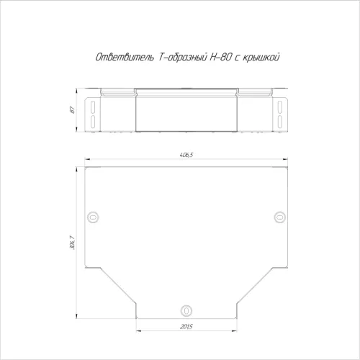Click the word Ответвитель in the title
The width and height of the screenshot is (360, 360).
point(125,57)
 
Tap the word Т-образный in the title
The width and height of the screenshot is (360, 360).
point(183,58)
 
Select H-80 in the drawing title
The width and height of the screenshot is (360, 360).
point(221,57)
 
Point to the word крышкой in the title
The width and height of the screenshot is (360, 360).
point(261,58)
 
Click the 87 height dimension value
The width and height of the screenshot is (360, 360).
point(73,110)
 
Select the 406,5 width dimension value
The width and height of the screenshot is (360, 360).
point(186,155)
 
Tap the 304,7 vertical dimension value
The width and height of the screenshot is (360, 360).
point(72,243)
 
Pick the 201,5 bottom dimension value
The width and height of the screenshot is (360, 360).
point(186,327)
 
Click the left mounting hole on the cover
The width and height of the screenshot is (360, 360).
point(93,217)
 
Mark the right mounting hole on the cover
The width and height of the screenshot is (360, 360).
point(279,217)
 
